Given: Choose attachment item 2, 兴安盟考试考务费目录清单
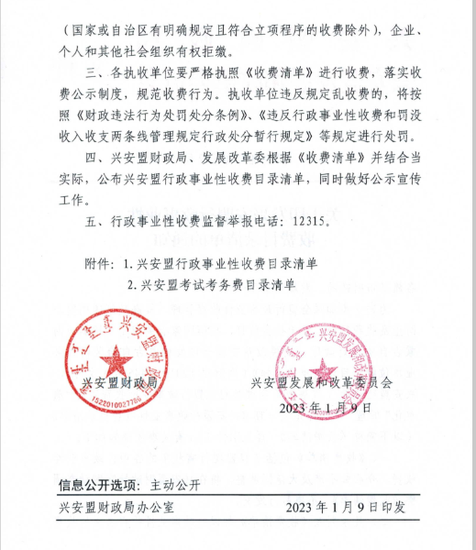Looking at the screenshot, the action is click(x=218, y=285).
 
